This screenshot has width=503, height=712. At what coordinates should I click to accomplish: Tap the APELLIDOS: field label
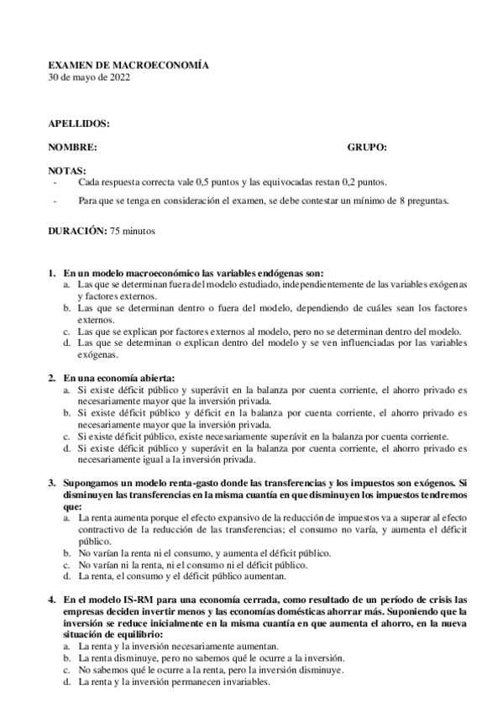pos(79,123)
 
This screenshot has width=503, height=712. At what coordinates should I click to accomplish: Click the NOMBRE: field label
pos(72,147)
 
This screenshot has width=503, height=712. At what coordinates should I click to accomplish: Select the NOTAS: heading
pos(67,170)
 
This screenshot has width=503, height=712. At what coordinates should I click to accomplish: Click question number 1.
pos(51,273)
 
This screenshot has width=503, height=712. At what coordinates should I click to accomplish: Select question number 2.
pos(51,378)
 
